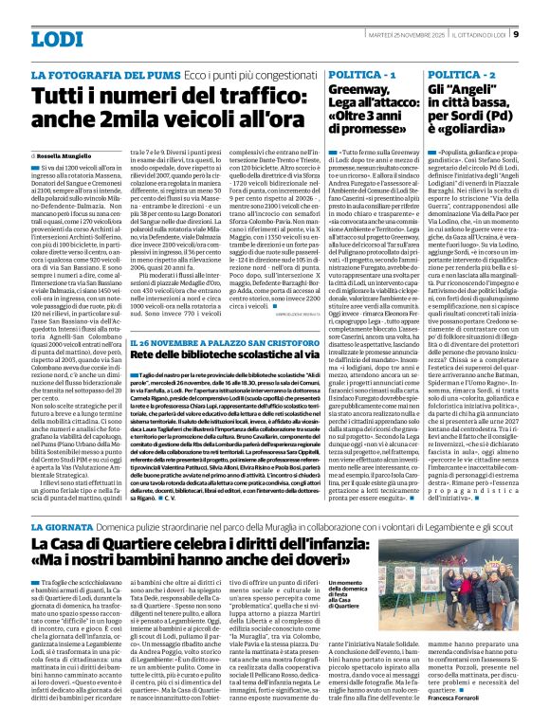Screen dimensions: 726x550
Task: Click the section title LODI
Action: pyautogui.click(x=58, y=39)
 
